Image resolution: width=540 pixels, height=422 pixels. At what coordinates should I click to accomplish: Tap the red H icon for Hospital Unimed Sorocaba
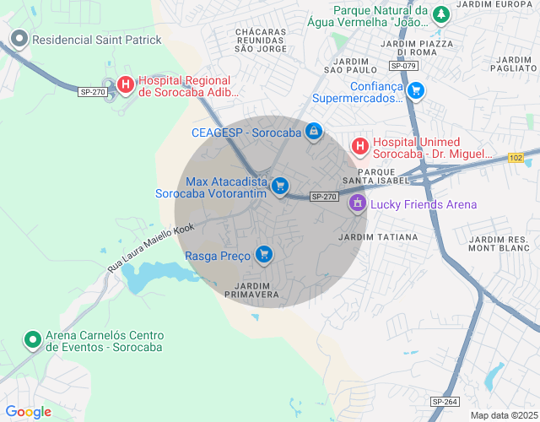click(360, 147)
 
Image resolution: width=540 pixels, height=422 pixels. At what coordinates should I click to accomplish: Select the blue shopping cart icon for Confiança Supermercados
click(415, 90)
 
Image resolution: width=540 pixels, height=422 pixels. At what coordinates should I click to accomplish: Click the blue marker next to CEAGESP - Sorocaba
click(314, 132)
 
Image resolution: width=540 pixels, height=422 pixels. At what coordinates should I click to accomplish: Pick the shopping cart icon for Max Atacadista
click(281, 186)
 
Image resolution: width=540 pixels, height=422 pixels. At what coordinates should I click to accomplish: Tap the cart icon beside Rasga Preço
click(265, 254)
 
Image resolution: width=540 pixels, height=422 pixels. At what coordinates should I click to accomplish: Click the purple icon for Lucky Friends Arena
click(358, 203)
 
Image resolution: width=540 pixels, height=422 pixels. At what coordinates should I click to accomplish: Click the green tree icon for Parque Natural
click(440, 14)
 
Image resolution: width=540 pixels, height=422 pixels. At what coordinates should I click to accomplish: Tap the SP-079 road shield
click(403, 66)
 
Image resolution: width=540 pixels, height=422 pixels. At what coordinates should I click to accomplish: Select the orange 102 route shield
click(516, 158)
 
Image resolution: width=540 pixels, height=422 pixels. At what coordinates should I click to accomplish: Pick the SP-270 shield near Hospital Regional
click(92, 92)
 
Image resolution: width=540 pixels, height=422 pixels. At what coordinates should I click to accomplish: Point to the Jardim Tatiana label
click(377, 237)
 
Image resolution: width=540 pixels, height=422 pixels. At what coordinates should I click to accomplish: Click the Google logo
click(29, 411)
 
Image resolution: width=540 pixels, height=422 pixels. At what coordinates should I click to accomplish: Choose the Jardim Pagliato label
click(512, 65)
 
